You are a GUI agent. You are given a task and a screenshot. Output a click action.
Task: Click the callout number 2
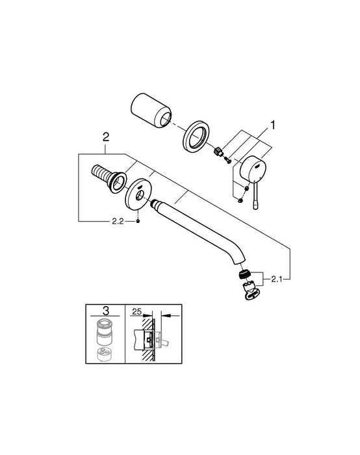[106, 136]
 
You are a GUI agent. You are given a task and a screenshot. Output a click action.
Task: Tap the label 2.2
[116, 222]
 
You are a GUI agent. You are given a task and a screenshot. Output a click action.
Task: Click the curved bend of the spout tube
[235, 250]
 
